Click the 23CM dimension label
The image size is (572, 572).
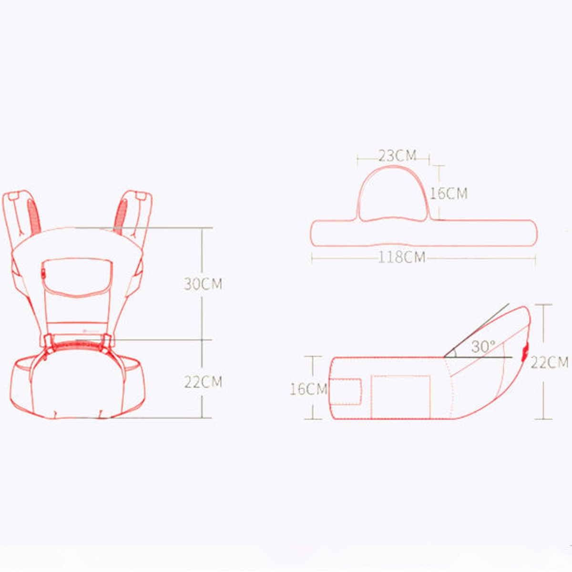(x=397, y=155)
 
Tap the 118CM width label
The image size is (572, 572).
(x=402, y=257)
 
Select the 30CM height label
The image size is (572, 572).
(x=203, y=284)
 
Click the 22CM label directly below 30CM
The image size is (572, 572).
(x=203, y=382)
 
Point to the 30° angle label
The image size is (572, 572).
(x=483, y=346)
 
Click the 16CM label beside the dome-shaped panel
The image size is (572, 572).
(x=449, y=193)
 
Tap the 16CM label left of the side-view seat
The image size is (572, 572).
(x=308, y=389)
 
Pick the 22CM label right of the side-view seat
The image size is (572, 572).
(x=550, y=362)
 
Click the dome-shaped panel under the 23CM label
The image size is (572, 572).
(x=393, y=194)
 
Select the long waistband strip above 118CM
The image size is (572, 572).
(x=424, y=233)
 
